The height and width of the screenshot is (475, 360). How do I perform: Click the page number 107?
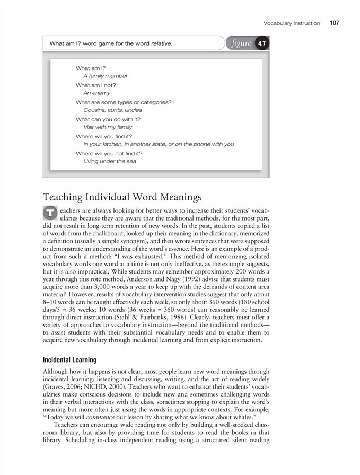click(333, 23)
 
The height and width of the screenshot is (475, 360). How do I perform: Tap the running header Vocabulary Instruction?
click(292, 23)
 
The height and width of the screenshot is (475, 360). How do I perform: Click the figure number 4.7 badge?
click(261, 43)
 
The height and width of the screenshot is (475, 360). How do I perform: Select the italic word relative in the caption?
click(161, 43)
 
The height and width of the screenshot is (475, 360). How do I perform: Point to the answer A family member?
click(106, 76)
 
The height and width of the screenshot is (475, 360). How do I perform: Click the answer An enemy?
click(97, 93)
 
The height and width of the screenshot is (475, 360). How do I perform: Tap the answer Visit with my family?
click(108, 127)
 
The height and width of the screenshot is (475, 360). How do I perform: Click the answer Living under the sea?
click(110, 161)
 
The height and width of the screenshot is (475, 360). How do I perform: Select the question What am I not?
click(96, 85)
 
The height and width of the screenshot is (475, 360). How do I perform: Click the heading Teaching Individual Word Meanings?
click(122, 197)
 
